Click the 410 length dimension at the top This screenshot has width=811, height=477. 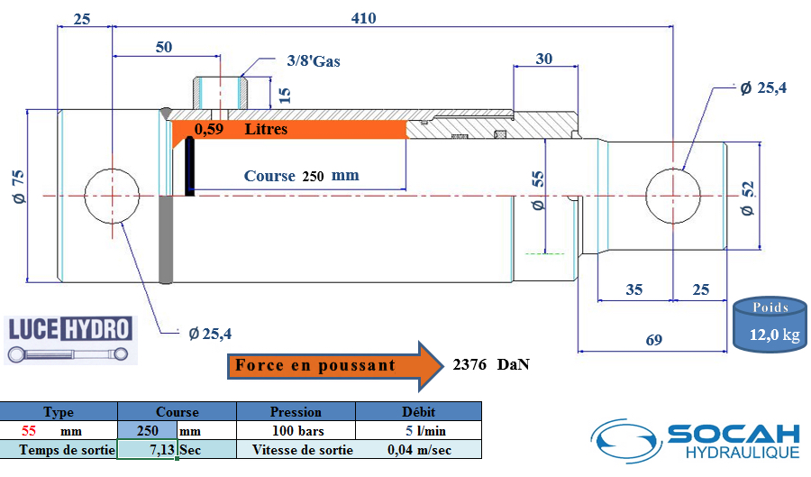tap(364, 18)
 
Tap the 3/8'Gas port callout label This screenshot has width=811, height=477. tap(314, 61)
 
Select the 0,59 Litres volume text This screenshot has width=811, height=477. tap(241, 129)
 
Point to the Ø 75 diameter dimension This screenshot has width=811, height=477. tap(19, 187)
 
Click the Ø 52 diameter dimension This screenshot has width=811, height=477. tap(748, 198)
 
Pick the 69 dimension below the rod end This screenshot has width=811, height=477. tap(654, 340)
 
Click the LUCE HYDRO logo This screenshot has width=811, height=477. tap(70, 340)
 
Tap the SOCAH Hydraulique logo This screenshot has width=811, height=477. tap(696, 441)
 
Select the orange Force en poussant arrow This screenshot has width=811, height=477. tap(335, 366)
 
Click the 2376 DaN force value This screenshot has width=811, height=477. tap(491, 364)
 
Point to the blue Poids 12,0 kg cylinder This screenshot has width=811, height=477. tap(770, 325)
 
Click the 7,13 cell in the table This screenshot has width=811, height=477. tap(148, 449)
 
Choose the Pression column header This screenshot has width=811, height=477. tap(296, 412)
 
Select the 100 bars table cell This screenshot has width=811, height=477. tap(298, 430)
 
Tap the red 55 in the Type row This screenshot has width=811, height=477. tap(29, 430)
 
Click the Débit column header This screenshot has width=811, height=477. tap(418, 412)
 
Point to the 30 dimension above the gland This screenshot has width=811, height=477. tap(544, 59)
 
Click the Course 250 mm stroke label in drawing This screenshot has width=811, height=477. tap(302, 176)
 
